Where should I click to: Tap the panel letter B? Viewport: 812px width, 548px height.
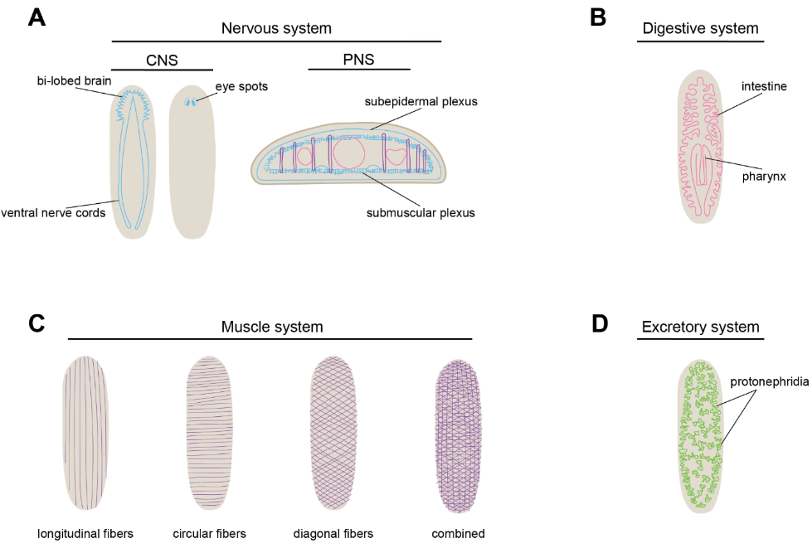[x=598, y=18]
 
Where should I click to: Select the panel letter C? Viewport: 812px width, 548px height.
[x=36, y=322]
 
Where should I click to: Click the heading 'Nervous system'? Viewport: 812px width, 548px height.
[x=276, y=28]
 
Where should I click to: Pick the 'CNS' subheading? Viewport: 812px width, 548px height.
[x=162, y=60]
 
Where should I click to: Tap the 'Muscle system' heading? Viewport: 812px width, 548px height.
[x=271, y=327]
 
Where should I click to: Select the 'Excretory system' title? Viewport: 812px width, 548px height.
[x=701, y=327]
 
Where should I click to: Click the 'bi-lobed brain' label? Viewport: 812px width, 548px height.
[x=74, y=81]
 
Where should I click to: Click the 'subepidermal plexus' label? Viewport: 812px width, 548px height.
[x=421, y=101]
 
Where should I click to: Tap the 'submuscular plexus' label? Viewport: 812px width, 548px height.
[x=421, y=213]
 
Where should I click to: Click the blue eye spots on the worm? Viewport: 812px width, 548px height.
[x=192, y=104]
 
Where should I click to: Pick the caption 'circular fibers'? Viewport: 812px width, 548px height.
[x=210, y=533]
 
